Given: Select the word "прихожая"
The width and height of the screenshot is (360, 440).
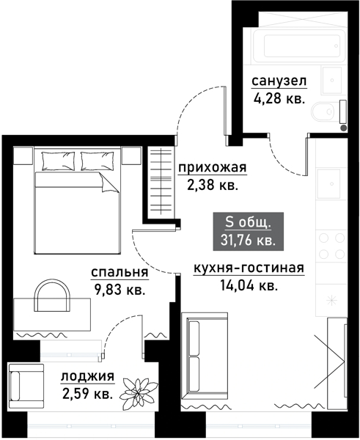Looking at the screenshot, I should tap(213, 168).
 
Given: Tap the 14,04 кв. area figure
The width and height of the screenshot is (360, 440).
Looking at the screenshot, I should tap(249, 285).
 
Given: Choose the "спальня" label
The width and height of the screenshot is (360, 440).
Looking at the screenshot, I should tap(120, 273).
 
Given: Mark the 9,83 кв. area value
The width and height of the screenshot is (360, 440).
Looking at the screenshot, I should tap(120, 289).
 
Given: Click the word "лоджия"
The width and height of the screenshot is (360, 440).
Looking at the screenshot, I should tap(87, 378).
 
